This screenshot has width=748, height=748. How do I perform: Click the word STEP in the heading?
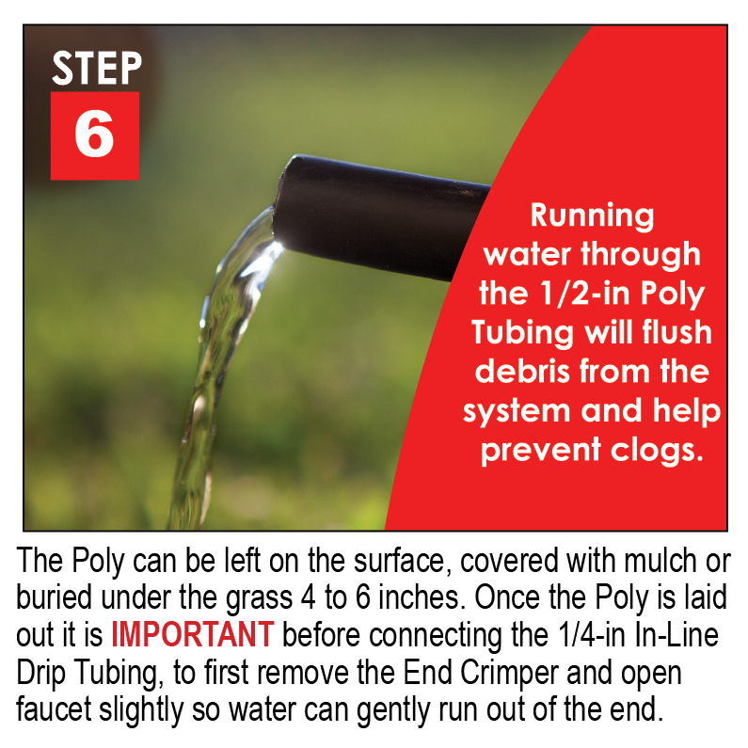pyautogui.click(x=96, y=68)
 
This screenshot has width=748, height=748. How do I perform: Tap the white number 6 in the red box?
pyautogui.click(x=94, y=135)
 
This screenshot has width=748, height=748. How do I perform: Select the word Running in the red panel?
pyautogui.click(x=592, y=215)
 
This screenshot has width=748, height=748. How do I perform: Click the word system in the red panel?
pyautogui.click(x=517, y=410)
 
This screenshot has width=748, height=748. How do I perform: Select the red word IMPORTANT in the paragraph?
pyautogui.click(x=192, y=634)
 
